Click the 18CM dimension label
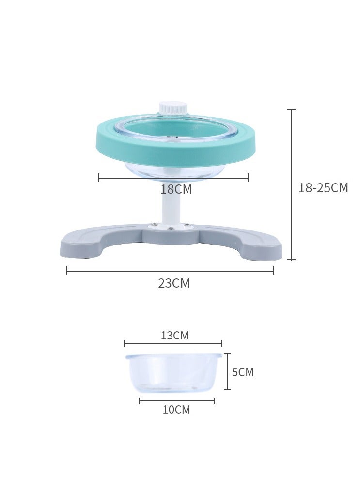[176, 190]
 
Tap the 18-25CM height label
[323, 188]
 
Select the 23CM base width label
[173, 284]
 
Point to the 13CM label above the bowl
[174, 336]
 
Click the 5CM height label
[243, 372]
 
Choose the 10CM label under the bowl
[176, 410]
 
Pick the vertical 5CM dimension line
[227, 371]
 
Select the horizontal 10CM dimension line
[177, 400]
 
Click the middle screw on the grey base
[170, 228]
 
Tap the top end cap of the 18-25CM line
[291, 110]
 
